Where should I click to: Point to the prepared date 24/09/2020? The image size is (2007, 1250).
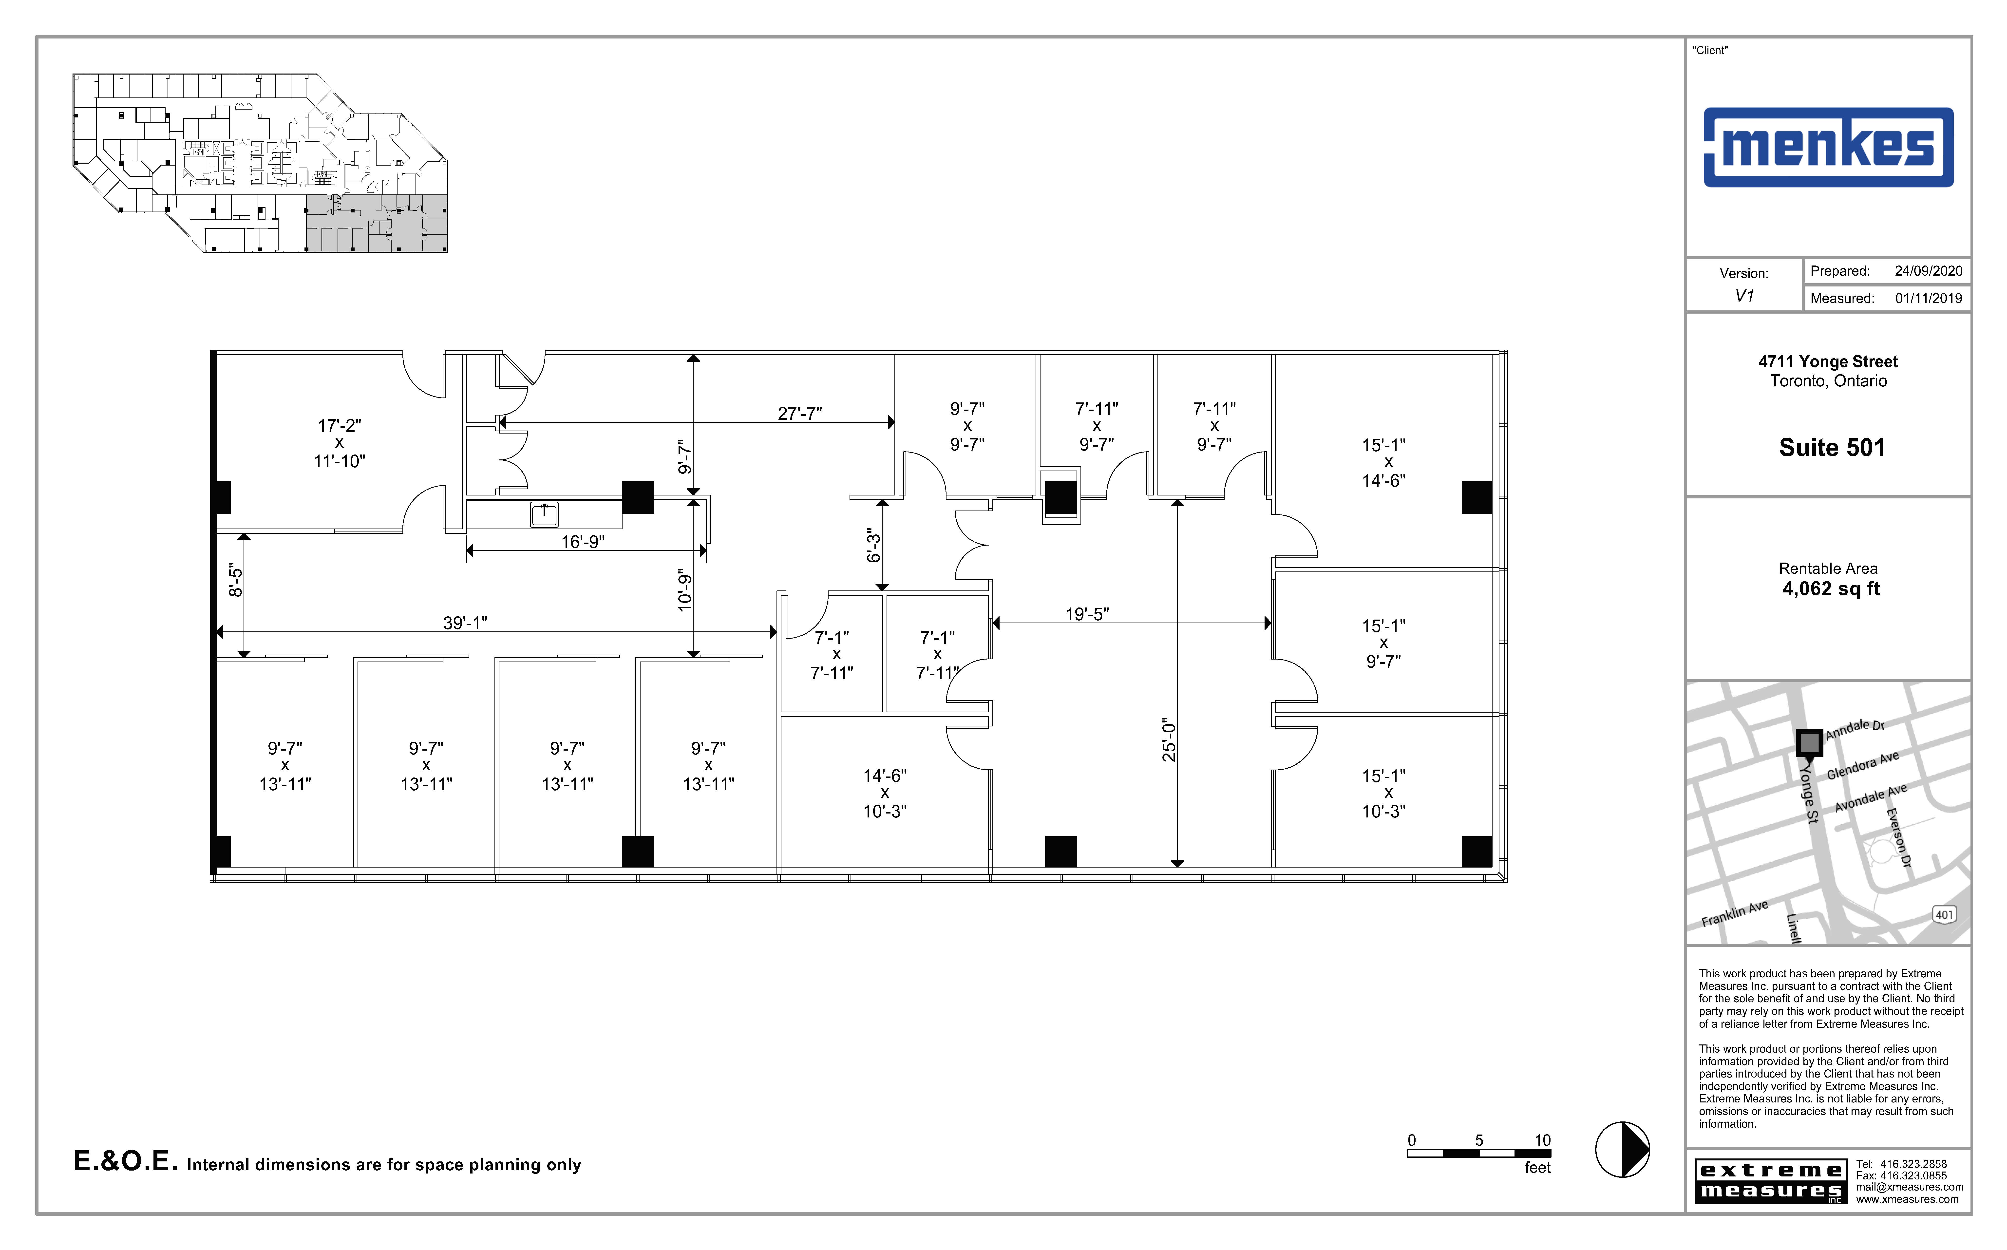[1928, 271]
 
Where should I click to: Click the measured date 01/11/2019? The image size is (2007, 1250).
[1928, 299]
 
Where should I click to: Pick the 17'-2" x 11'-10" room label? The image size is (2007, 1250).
[339, 443]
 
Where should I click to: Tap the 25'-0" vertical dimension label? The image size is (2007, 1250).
[1168, 739]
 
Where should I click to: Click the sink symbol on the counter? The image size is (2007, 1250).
[544, 514]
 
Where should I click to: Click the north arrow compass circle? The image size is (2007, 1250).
[1622, 1149]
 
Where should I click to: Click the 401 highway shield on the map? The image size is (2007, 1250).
[1944, 914]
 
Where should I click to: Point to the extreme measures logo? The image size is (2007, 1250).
[1770, 1181]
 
